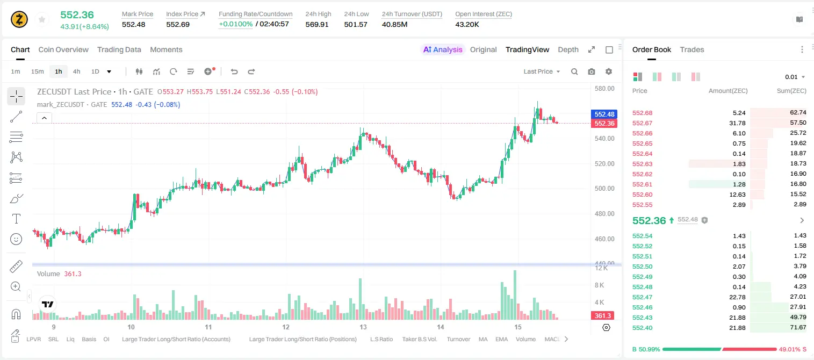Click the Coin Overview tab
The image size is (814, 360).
(x=63, y=49)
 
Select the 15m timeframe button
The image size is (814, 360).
(x=37, y=71)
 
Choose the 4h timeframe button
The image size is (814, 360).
(x=76, y=71)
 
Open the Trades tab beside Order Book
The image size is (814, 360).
(x=692, y=49)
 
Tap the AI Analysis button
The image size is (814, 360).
(x=443, y=49)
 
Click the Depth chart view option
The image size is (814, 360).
(x=568, y=49)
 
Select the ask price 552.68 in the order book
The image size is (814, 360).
(x=642, y=113)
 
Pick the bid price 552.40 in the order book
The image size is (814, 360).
(x=642, y=328)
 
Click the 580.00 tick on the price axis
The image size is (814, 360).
(x=604, y=89)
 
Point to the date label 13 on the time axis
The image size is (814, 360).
(x=363, y=327)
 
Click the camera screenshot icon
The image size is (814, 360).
(x=592, y=71)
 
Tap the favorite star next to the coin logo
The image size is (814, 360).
(x=42, y=19)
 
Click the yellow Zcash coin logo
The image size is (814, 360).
(x=19, y=19)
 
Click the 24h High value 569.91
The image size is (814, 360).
(x=317, y=24)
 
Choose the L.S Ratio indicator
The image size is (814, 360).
(x=381, y=339)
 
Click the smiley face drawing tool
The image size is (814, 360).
(x=16, y=239)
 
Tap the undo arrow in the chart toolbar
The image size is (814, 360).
(x=234, y=71)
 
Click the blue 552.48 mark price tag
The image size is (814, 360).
(x=604, y=114)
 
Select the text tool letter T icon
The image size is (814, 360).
(x=16, y=219)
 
